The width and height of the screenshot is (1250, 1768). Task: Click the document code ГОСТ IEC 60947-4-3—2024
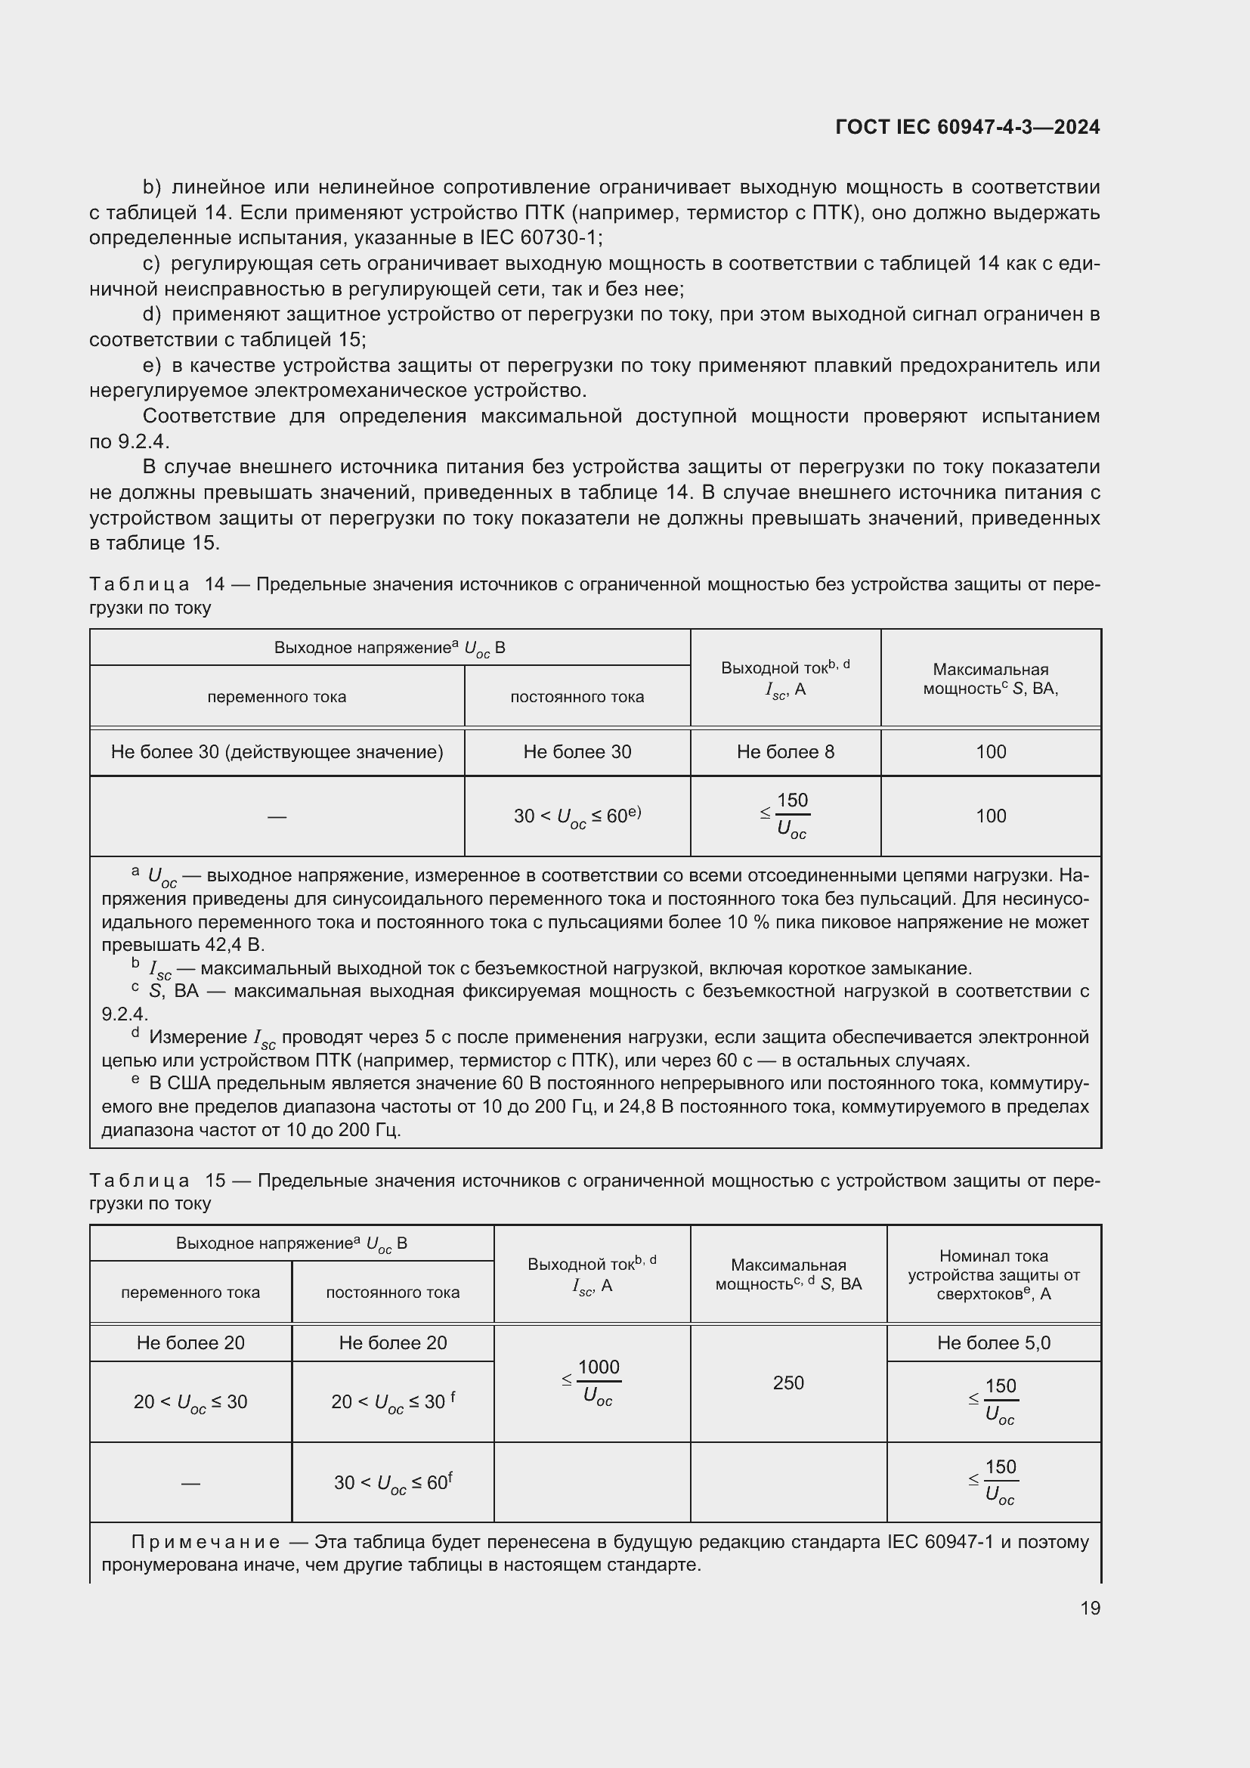pyautogui.click(x=967, y=127)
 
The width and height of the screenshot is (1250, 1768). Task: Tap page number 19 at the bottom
pyautogui.click(x=1090, y=1608)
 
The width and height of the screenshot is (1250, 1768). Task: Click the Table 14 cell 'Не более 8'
pyautogui.click(x=785, y=751)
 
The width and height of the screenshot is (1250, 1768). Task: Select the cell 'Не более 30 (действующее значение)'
pyautogui.click(x=277, y=751)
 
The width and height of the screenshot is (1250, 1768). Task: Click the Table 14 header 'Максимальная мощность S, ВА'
pyautogui.click(x=990, y=678)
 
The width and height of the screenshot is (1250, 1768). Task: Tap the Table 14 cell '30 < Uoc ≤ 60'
pyautogui.click(x=577, y=816)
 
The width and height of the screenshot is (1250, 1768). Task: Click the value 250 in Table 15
pyautogui.click(x=788, y=1383)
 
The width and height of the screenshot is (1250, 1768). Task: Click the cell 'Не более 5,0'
pyautogui.click(x=993, y=1342)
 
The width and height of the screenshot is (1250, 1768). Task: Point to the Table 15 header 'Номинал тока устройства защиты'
pyautogui.click(x=993, y=1274)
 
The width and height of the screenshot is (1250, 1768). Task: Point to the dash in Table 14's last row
pyautogui.click(x=277, y=816)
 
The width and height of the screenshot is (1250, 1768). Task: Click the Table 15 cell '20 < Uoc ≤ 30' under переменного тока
pyautogui.click(x=190, y=1401)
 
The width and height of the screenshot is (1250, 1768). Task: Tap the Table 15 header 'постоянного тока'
pyautogui.click(x=392, y=1292)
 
